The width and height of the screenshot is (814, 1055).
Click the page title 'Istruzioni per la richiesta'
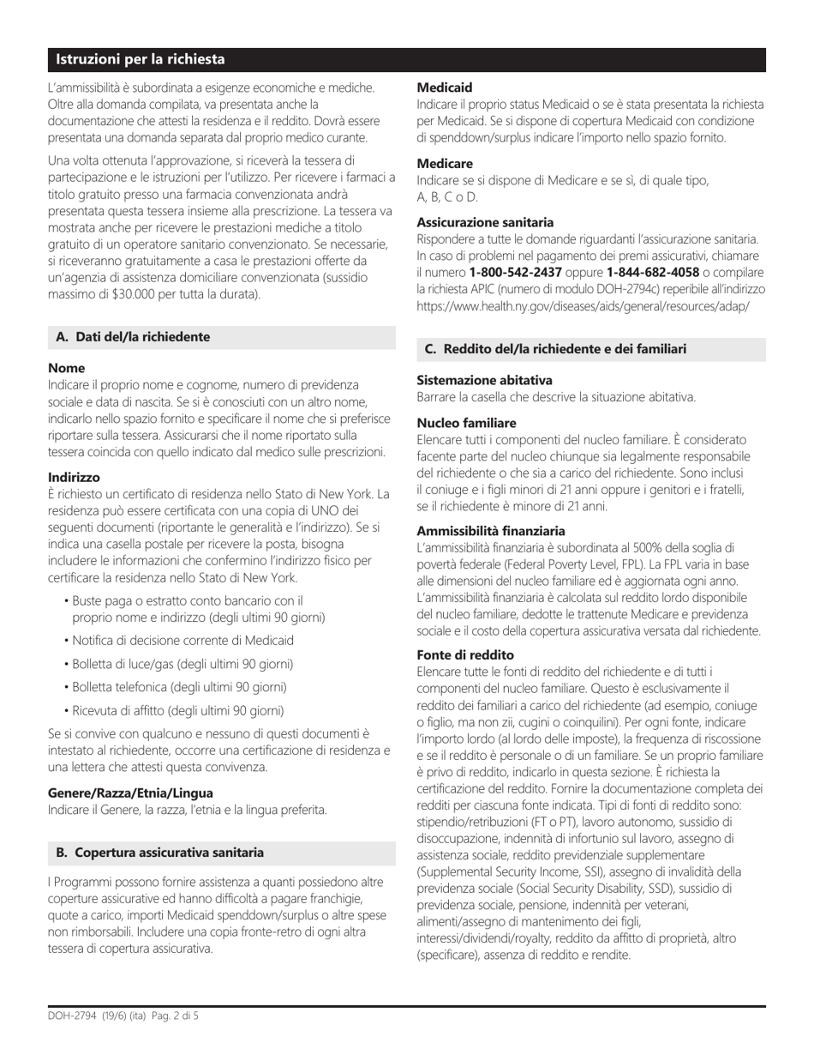[141, 59]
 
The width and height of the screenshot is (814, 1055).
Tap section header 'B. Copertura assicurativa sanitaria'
[159, 852]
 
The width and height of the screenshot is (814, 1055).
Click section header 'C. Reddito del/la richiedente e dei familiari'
[554, 348]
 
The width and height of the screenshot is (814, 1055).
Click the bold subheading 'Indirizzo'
[74, 477]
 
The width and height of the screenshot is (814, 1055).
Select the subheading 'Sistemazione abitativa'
[484, 380]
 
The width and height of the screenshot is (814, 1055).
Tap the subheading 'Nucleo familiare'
[466, 423]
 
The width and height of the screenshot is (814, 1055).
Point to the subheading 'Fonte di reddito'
[465, 654]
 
